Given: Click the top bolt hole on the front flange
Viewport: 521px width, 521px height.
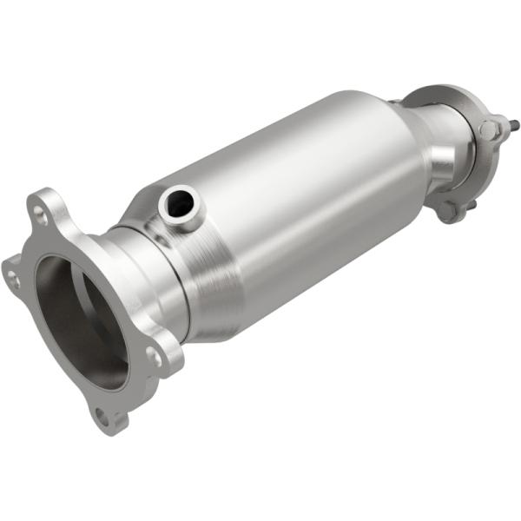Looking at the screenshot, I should coord(40,208).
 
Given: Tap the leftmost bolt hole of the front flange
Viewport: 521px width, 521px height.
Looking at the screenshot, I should coord(12,278).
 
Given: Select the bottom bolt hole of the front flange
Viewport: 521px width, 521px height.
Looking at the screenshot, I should coord(103,418).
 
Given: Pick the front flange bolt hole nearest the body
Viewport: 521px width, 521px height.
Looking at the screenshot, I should coord(153,356).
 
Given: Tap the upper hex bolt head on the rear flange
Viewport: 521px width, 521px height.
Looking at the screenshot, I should coord(489,130).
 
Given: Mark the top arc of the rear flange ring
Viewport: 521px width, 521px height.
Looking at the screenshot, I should coord(439,91).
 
